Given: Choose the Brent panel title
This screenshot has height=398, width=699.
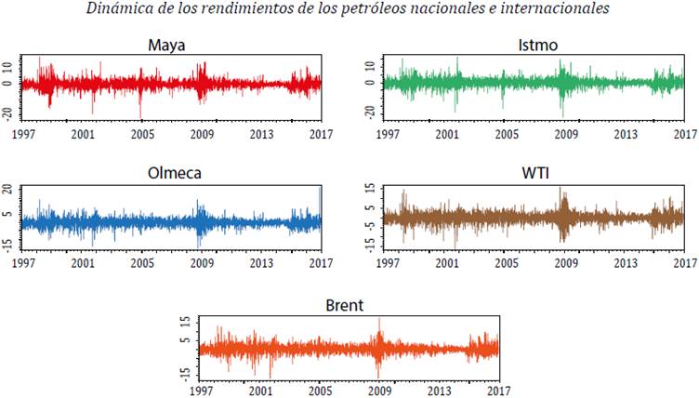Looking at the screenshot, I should pos(346,305).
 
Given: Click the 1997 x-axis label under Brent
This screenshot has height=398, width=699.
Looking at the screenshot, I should pos(200,391).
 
